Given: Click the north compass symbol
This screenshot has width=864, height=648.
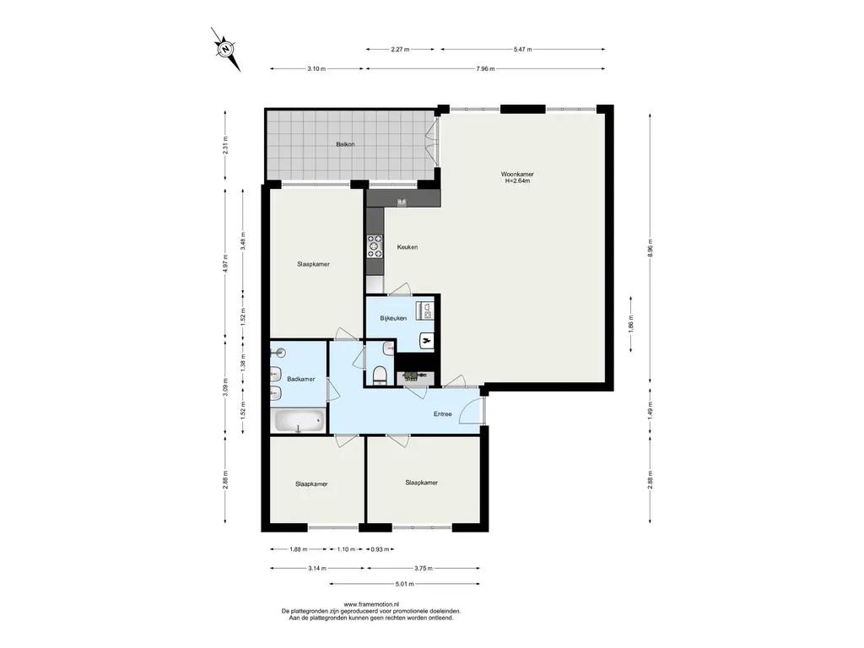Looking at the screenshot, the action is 226,49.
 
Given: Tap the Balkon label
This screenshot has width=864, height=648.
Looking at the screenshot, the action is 345,144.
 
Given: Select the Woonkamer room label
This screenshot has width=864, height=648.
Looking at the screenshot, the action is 517,174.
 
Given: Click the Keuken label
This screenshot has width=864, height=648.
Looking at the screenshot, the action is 408,247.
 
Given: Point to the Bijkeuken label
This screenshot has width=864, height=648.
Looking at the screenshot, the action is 393,318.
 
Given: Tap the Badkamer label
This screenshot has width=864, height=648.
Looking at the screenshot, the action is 301,379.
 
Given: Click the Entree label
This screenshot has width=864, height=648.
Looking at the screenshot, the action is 442,413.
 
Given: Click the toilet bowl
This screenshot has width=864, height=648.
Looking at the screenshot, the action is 381,375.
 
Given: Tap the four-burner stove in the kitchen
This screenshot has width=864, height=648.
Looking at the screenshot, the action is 375,246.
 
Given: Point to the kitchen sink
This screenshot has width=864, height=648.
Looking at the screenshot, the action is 402,202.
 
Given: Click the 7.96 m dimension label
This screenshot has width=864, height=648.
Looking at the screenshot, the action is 485,69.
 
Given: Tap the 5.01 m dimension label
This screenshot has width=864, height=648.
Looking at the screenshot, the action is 404,584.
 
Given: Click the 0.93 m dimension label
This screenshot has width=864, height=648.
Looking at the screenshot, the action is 381,549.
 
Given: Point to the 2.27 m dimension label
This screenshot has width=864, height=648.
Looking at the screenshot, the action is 400,49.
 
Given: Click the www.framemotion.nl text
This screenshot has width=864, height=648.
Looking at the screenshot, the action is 371,604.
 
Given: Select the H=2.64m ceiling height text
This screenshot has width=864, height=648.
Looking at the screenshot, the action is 517,181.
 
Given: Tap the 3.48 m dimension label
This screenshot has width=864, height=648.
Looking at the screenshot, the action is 243,240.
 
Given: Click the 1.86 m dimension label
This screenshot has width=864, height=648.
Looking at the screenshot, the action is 631,323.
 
